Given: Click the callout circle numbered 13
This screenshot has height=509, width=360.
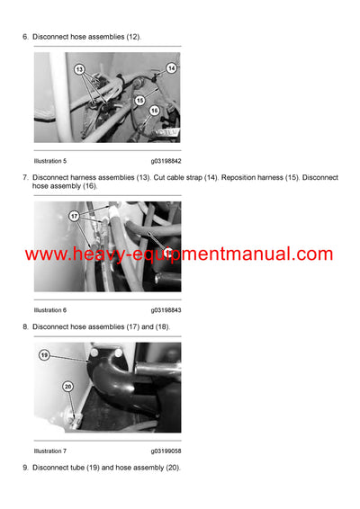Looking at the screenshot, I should pos(78,68).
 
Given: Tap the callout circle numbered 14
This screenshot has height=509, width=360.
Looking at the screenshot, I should pos(171,67).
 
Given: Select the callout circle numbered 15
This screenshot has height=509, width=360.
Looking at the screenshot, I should pos(139,101).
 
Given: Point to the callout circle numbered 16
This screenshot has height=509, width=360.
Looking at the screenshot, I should pos(154,110).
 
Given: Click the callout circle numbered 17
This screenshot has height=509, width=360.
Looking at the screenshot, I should pos(75,217).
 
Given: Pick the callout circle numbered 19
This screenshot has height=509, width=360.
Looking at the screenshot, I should pos(43,355).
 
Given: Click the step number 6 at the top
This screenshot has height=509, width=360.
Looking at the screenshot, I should pos(24,36).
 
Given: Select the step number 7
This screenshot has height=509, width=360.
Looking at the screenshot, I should pos(24,177).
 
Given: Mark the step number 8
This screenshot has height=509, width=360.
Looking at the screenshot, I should pos(24,326).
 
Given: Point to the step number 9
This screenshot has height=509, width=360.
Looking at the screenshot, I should pos(24,468).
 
